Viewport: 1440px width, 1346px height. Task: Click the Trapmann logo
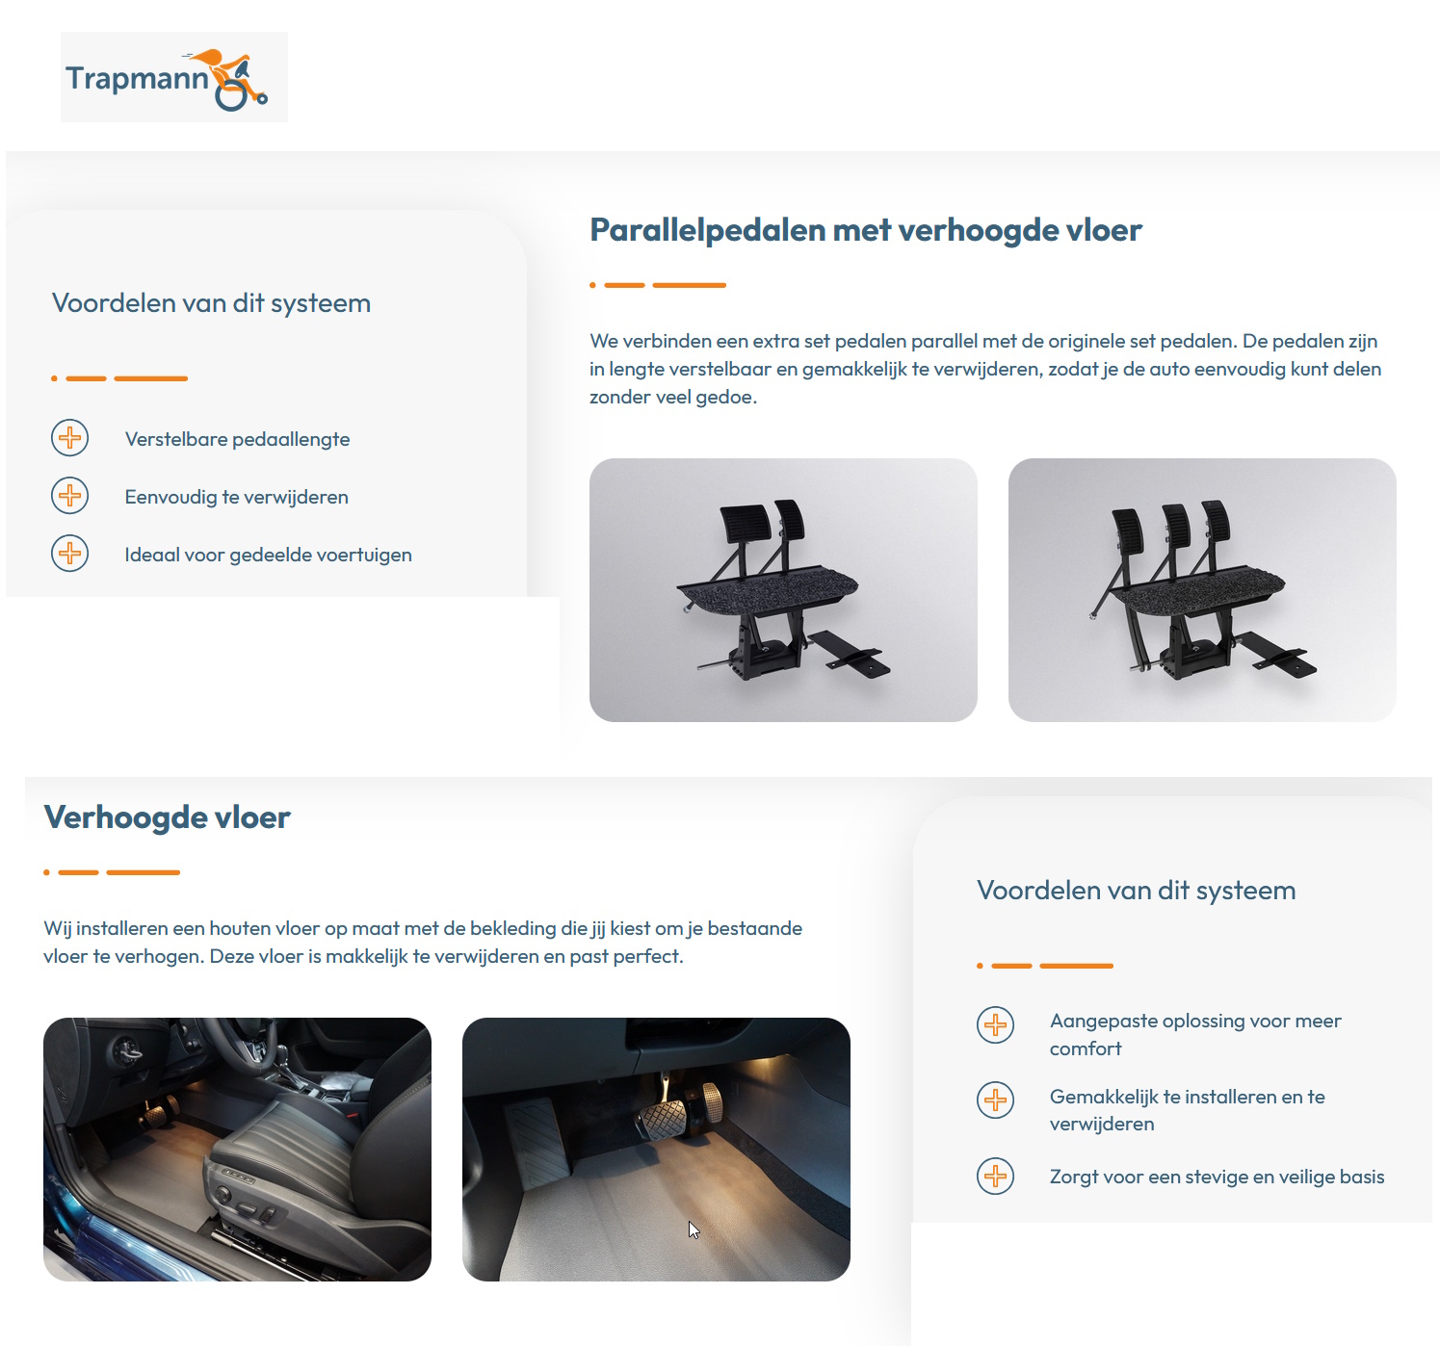[173, 77]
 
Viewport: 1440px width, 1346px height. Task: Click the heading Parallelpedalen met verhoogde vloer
[865, 230]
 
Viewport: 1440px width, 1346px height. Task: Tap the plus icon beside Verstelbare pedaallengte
[69, 438]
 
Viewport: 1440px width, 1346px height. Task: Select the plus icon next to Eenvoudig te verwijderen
[69, 496]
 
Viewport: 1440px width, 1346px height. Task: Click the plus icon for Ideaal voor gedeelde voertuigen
[69, 554]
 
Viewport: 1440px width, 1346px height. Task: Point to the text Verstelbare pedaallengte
[237, 439]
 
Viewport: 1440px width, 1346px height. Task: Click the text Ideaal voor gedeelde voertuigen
[268, 555]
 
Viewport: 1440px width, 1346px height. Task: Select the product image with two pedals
[783, 589]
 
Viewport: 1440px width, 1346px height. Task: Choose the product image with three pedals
[1201, 589]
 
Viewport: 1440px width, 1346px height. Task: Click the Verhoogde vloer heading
[167, 817]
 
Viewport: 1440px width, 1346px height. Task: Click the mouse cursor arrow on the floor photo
[694, 1230]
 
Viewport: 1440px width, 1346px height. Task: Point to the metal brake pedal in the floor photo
[663, 1120]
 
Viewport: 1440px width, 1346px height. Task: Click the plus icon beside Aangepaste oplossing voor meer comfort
[995, 1024]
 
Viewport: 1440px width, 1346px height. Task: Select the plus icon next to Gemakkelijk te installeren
[995, 1100]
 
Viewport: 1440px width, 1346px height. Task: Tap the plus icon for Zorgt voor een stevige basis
[995, 1176]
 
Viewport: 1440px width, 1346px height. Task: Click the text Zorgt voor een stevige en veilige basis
[1217, 1177]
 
